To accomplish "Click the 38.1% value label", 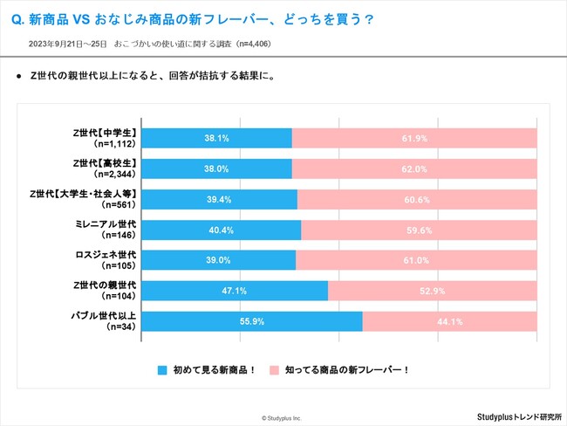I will pos(216,138).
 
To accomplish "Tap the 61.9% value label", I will pos(414,138).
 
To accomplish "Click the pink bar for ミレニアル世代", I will pos(419,230).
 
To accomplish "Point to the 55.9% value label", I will pos(251,321).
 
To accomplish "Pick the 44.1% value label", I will pos(449,321).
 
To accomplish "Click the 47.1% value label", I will pos(235,291).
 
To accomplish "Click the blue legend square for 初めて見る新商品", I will pos(162,369).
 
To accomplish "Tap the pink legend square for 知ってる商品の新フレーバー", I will pos(276,369).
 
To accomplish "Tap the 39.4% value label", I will pos(219,199).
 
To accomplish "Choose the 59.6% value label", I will pos(419,230).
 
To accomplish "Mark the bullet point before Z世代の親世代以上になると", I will pos(19,77).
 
